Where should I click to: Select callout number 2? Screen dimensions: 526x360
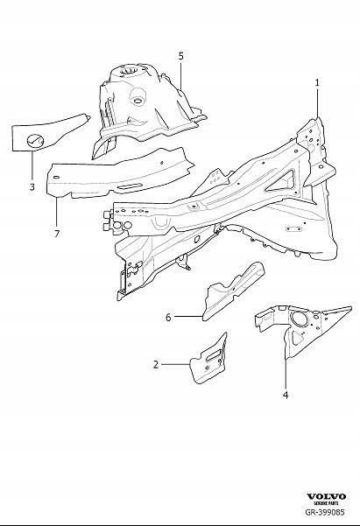coord(156,363)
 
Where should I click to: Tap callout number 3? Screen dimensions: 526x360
coord(32,186)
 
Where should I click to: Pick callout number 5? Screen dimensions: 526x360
coord(180,56)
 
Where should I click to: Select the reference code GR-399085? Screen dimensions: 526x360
coord(325,516)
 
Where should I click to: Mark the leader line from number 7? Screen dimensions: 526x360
coord(56,210)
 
